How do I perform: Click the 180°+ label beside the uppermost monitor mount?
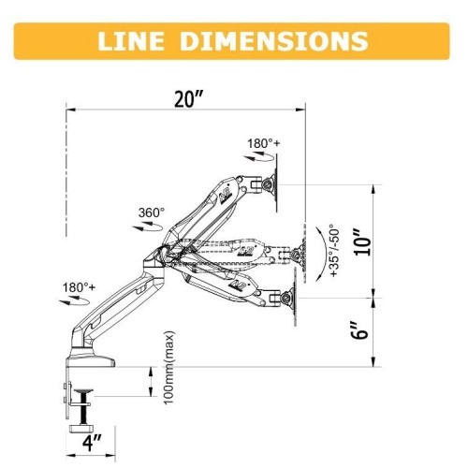[263, 144]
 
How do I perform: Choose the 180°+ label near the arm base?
[80, 286]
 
